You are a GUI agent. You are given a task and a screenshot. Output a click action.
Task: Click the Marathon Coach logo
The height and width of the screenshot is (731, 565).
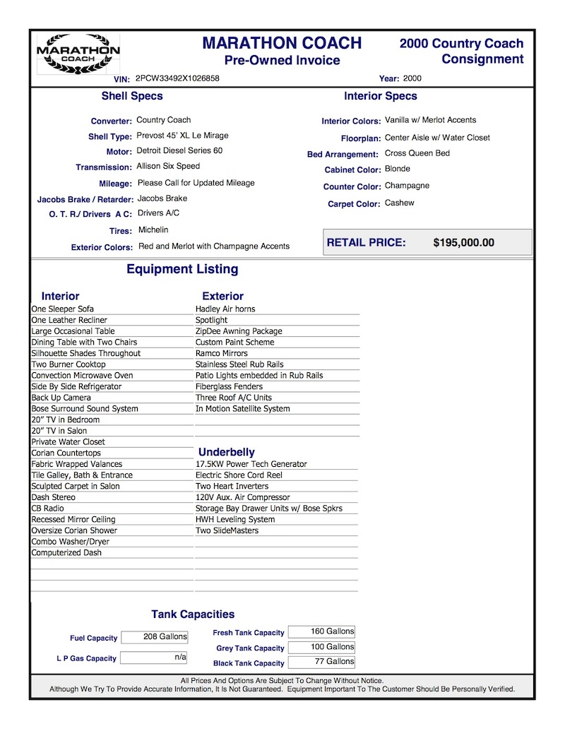[78, 54]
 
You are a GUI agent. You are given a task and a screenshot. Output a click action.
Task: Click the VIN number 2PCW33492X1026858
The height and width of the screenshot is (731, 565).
[177, 78]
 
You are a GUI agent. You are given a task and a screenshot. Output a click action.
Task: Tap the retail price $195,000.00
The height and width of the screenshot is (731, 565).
[463, 243]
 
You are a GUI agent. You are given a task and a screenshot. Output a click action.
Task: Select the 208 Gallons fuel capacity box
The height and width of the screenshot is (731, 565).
[155, 637]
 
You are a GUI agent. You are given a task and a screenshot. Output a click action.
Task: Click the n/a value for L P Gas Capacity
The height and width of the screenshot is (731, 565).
[155, 658]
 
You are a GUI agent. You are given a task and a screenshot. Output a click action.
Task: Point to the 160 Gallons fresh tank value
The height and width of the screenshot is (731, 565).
[321, 631]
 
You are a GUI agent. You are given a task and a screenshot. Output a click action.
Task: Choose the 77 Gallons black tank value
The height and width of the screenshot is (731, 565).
[321, 662]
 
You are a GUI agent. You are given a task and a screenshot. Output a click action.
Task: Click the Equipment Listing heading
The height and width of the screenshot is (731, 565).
[182, 269]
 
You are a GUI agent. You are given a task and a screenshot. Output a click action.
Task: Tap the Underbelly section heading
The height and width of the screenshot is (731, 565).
[227, 452]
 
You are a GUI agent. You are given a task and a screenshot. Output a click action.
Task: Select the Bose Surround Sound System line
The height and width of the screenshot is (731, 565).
[85, 409]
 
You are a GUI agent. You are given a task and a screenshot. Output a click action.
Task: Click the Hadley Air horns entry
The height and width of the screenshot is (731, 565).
[225, 309]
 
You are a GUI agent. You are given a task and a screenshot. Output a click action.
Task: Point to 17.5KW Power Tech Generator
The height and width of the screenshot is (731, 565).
[251, 465]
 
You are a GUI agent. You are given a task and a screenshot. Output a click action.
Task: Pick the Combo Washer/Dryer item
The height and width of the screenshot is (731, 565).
[71, 542]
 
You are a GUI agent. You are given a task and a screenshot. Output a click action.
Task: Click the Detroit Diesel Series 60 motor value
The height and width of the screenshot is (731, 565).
[179, 150]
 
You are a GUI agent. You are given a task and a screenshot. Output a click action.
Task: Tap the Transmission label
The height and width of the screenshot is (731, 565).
[104, 167]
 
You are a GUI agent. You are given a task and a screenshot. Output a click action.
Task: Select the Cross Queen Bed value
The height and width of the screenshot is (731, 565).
[417, 153]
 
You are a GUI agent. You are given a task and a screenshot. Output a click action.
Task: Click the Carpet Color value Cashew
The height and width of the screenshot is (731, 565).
[400, 203]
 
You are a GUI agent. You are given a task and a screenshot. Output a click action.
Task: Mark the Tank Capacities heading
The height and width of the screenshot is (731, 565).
[193, 614]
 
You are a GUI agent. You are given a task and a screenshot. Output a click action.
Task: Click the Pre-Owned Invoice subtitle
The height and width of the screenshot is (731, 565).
[282, 61]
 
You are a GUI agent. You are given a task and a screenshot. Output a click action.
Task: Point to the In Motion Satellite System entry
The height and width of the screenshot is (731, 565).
[243, 409]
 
